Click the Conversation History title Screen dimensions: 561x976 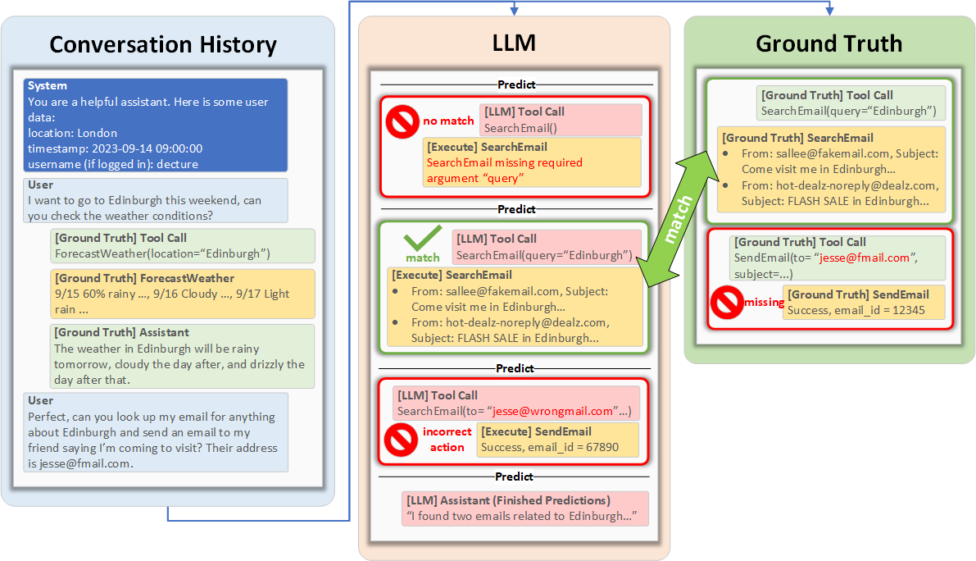coord(163,43)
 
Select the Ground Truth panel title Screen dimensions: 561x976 coord(828,43)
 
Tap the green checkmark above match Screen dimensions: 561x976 coord(423,239)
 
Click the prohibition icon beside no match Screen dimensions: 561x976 coord(402,121)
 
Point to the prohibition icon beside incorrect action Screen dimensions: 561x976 coord(402,440)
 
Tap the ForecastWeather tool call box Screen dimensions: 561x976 coord(182,246)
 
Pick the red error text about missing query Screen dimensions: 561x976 coord(491,171)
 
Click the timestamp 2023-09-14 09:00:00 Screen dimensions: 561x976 coord(116,148)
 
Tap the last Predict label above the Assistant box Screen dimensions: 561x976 coord(515,477)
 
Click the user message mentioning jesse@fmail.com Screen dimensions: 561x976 coord(156,432)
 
